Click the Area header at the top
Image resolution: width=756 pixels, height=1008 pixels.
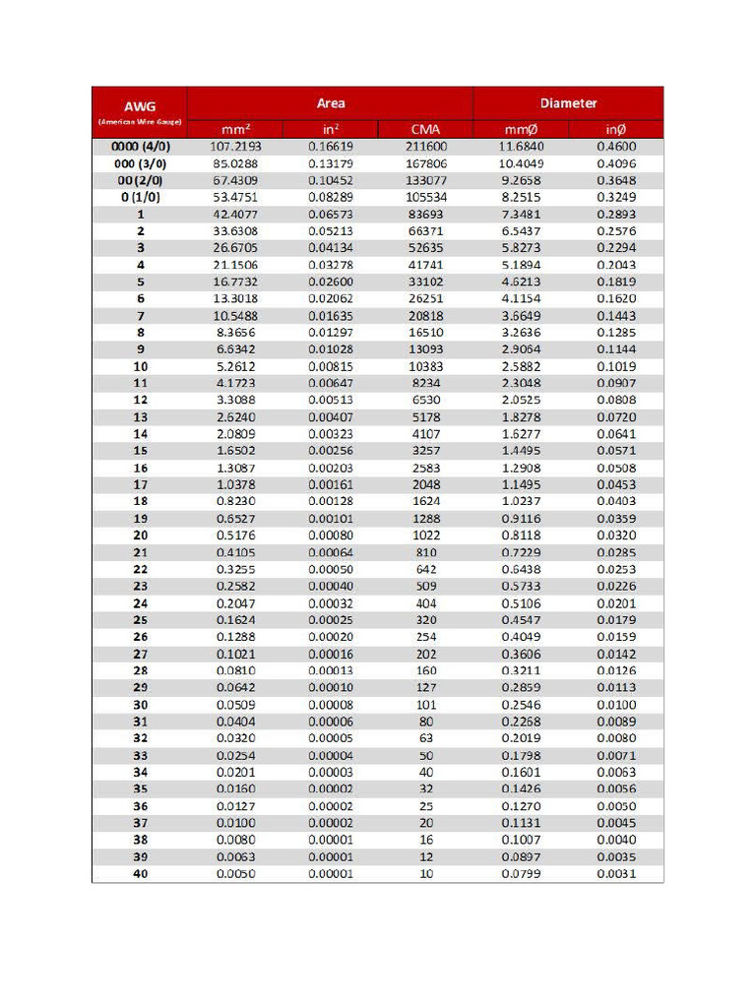(x=331, y=103)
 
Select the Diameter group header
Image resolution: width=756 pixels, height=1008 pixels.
(x=568, y=103)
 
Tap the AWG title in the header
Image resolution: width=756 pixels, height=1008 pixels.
(x=140, y=106)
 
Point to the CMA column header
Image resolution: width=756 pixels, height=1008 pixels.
(x=425, y=129)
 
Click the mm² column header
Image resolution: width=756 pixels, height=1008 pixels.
(x=235, y=129)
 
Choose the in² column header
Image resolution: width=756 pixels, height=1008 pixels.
(x=330, y=129)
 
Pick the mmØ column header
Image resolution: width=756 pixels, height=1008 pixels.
(x=521, y=129)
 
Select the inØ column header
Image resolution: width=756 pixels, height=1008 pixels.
(x=616, y=129)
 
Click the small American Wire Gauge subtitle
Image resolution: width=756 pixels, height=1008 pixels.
(x=140, y=122)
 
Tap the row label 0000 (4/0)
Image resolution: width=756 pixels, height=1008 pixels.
(x=140, y=147)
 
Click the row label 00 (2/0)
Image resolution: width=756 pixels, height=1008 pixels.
(x=140, y=180)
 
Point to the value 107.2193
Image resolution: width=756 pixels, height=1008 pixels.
(x=235, y=147)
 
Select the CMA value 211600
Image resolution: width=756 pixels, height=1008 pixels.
(x=425, y=147)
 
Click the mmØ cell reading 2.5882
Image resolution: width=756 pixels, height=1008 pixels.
(x=521, y=366)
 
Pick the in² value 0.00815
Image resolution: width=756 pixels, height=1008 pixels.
(x=330, y=366)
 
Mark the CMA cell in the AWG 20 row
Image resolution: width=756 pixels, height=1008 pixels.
(x=425, y=535)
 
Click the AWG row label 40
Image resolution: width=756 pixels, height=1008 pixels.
(x=140, y=874)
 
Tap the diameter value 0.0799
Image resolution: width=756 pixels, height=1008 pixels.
(x=521, y=874)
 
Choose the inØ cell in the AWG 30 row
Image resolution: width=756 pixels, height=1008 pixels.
(x=616, y=705)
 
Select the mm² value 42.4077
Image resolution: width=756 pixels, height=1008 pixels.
(x=235, y=215)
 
